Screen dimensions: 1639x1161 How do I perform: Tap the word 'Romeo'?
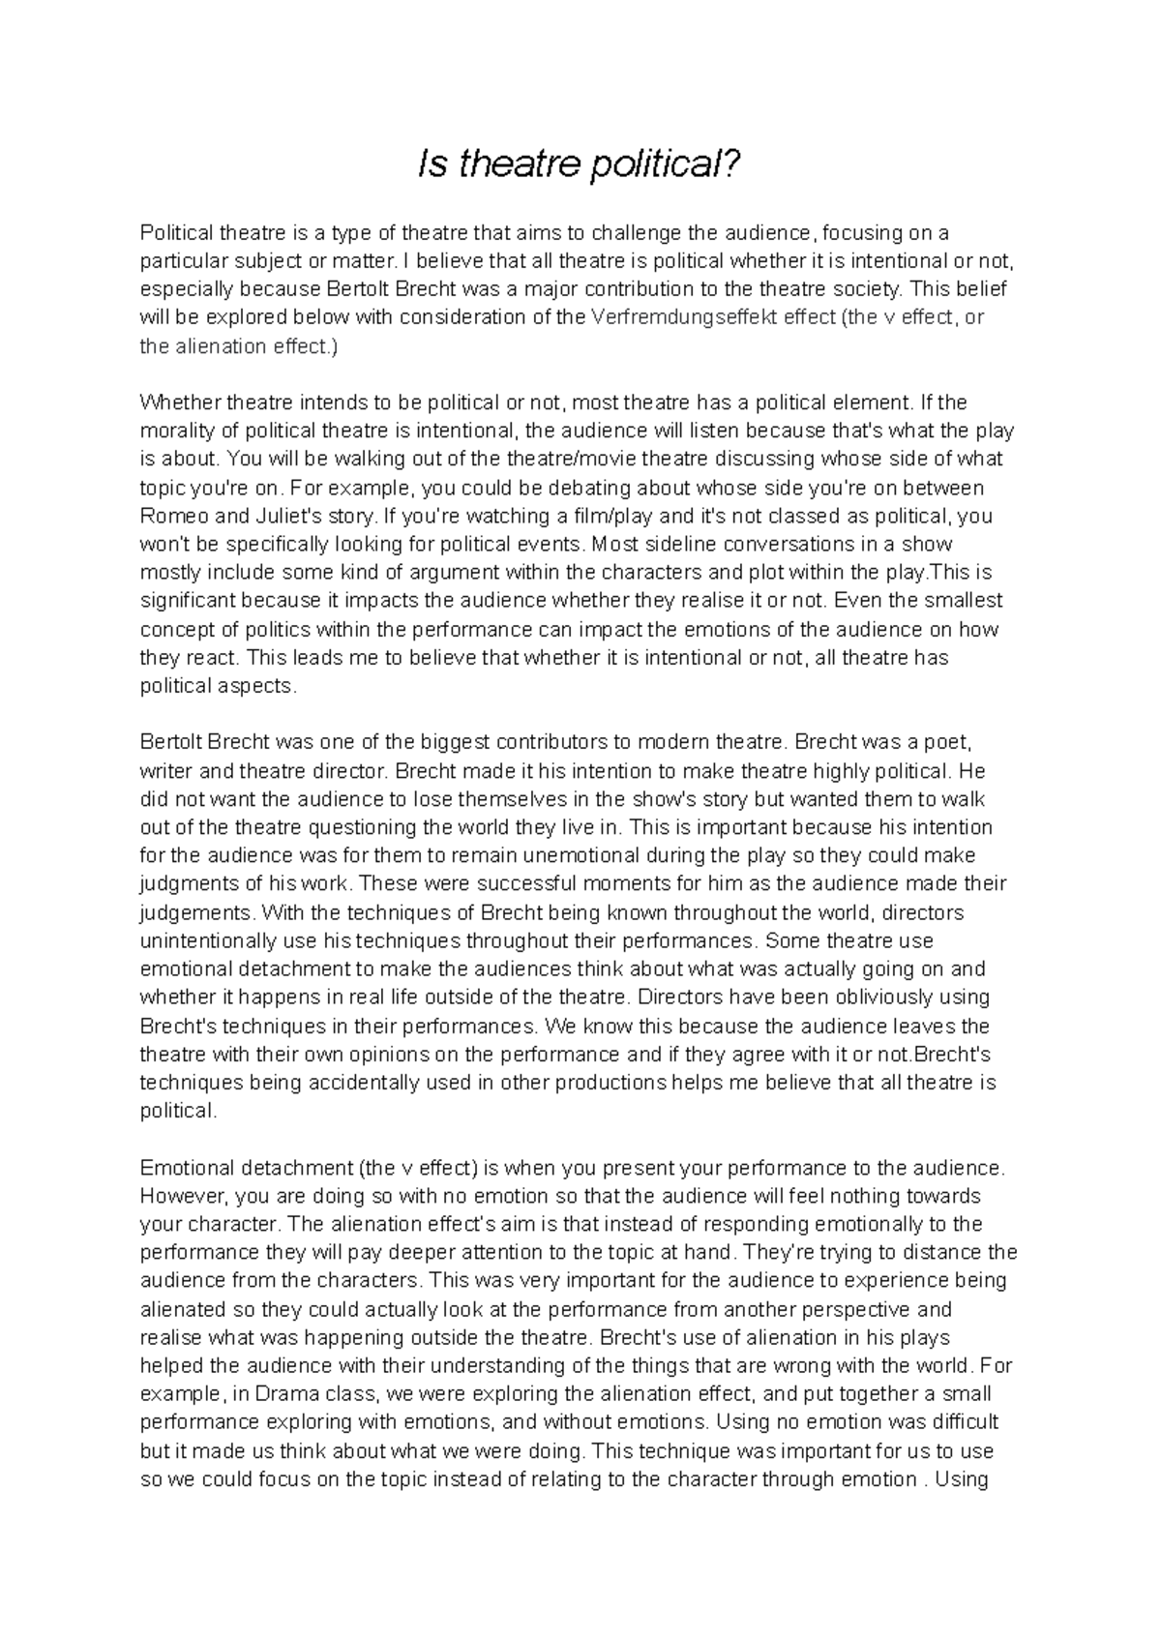point(172,516)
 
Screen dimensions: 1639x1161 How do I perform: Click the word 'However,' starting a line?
point(181,1196)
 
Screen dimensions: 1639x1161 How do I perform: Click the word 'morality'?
point(175,431)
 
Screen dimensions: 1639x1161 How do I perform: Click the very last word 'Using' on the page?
point(958,1479)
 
